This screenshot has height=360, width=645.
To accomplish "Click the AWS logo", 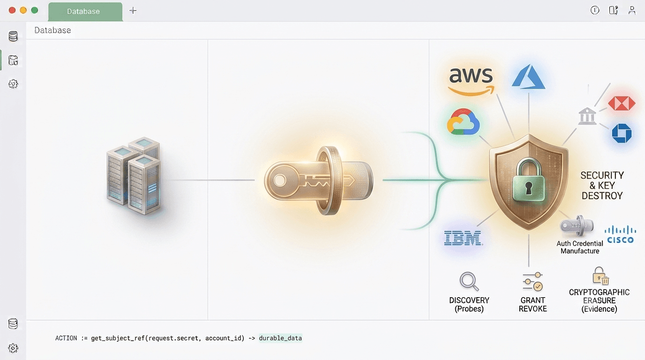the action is [471, 81].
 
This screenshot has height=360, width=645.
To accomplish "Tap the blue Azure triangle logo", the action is [528, 77].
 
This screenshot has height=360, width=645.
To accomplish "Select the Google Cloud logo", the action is [463, 121].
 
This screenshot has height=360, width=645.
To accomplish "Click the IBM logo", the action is [463, 238].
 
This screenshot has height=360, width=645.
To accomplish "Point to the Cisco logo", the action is [620, 235].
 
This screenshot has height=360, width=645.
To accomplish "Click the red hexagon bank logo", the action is [622, 103].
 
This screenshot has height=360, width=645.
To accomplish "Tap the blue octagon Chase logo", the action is [622, 133].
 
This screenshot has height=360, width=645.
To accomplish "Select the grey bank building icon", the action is [587, 116].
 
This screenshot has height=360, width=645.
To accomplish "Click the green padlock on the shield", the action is [529, 180].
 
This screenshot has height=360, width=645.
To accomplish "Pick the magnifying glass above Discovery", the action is [469, 281].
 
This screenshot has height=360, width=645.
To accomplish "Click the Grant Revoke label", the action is [532, 304].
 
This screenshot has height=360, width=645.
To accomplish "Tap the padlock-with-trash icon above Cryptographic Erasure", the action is [600, 276].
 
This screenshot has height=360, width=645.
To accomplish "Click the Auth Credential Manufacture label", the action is [580, 247].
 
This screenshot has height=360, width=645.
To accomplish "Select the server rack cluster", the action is [133, 176].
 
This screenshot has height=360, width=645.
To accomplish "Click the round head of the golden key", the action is [280, 180].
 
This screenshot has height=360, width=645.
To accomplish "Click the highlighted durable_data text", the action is [280, 338].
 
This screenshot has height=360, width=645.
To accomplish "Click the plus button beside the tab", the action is [133, 11].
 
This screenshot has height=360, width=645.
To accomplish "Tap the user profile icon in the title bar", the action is [632, 10].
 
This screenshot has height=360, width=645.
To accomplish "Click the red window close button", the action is [12, 10].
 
